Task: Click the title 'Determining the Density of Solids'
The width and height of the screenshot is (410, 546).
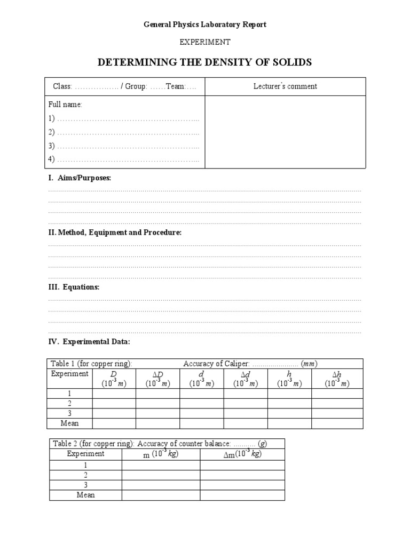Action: (204, 62)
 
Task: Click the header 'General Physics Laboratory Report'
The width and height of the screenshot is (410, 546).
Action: (205, 25)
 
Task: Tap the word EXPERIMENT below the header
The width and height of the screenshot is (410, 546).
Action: (204, 42)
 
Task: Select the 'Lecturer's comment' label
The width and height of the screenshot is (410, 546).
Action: (285, 86)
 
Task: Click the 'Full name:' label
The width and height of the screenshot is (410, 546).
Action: (65, 105)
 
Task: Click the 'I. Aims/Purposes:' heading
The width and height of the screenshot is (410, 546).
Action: (80, 178)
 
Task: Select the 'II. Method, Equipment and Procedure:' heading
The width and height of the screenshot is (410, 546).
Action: (115, 232)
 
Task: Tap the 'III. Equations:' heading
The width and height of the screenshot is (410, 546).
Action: (74, 287)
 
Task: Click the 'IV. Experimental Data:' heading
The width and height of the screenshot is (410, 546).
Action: (89, 341)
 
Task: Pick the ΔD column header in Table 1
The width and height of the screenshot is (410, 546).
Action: (157, 379)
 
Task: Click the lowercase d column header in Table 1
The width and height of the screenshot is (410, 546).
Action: (201, 379)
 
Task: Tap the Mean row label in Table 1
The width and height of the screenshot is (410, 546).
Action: (70, 423)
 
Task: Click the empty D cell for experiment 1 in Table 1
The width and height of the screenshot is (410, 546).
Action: (114, 394)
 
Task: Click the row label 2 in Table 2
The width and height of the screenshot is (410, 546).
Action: (85, 475)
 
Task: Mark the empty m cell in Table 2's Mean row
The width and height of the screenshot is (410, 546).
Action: (161, 495)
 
